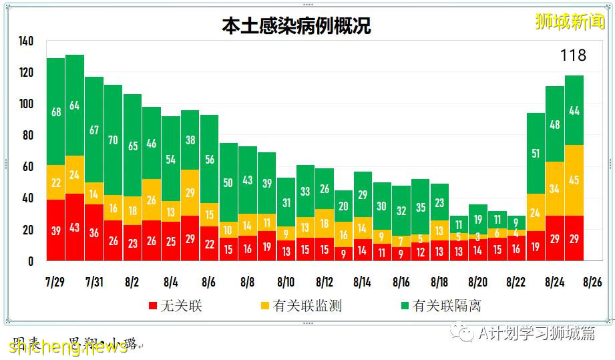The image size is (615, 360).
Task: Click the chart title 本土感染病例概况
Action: pos(296,26)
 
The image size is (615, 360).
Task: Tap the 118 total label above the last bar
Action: pos(573,55)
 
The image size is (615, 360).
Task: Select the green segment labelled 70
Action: pos(113,140)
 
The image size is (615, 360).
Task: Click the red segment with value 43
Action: pos(75,227)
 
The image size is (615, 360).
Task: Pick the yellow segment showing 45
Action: pos(574,180)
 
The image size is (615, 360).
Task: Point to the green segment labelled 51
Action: pos(536,154)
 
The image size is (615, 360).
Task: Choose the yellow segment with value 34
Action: pos(555,189)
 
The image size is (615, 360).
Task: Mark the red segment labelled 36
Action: pos(94,232)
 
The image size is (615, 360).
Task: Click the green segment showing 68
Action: pos(56,112)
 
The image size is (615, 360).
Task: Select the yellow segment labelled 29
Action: pos(190,192)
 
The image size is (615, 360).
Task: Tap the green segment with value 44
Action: pos(574,111)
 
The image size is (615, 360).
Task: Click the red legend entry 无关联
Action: pos(175,307)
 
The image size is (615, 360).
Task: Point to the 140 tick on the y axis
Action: pos(26,41)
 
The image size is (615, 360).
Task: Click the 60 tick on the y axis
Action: pos(26,167)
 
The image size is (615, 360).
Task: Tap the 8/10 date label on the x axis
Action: pos(286,282)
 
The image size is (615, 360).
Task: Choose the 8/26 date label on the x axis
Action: pos(592,282)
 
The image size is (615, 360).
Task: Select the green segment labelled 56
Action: pos(209,160)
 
